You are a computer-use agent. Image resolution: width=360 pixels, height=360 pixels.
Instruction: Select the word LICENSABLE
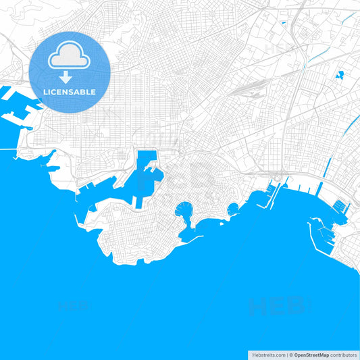70,92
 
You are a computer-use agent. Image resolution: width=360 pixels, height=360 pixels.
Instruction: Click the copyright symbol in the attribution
290,354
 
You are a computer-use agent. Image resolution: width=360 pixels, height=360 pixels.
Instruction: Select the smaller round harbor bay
233,209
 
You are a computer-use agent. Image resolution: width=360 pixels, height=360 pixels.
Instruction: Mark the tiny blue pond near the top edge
284,24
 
